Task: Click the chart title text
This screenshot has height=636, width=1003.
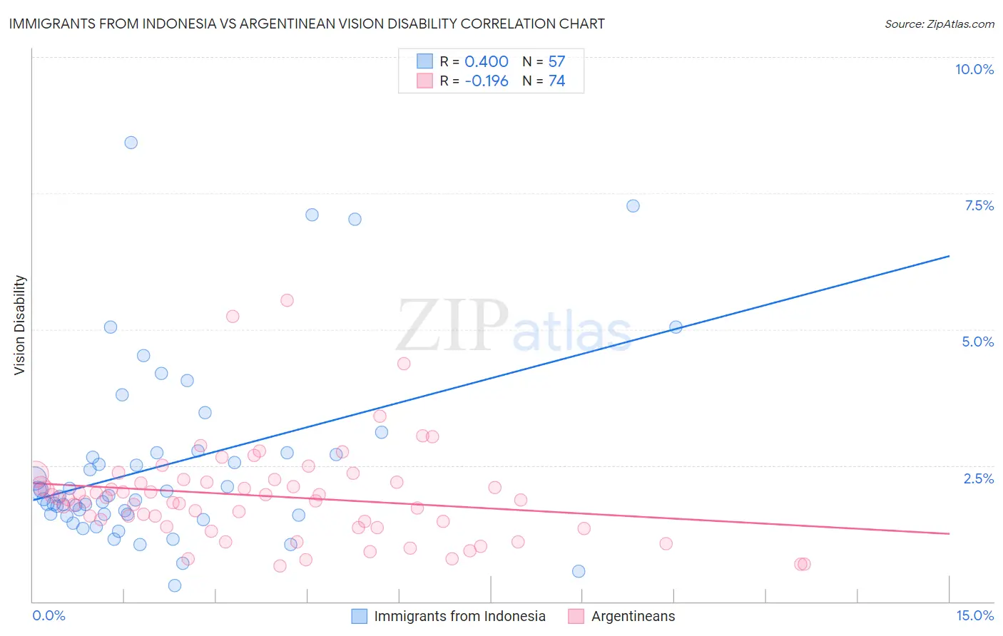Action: coord(307,24)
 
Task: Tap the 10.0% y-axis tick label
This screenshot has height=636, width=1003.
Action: coord(974,69)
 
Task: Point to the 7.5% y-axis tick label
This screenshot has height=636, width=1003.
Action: coord(979,205)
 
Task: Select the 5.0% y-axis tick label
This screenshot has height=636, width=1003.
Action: coord(977,342)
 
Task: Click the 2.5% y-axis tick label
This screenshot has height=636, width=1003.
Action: coord(979,478)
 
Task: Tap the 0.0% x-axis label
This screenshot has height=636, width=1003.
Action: coord(49,615)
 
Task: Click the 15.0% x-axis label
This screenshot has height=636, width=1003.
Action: coord(974,615)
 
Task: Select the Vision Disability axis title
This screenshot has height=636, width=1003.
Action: coord(20,325)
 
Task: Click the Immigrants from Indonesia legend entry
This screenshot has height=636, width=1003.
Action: coord(459,616)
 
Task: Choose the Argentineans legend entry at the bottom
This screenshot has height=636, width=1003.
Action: coord(633,616)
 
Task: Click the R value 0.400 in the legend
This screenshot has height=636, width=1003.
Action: coord(487,61)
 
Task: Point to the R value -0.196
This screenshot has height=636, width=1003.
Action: coord(487,81)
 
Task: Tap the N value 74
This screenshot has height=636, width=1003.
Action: coord(556,81)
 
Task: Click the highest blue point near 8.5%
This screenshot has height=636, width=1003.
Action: coord(131,143)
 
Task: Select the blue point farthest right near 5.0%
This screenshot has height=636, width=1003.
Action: coord(676,327)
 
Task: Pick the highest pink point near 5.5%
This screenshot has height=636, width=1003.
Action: coord(287,300)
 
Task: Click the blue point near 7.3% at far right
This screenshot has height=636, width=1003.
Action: coord(633,206)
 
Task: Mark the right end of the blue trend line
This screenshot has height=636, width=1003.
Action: coord(949,256)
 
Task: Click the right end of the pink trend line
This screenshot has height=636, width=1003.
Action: coord(949,533)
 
